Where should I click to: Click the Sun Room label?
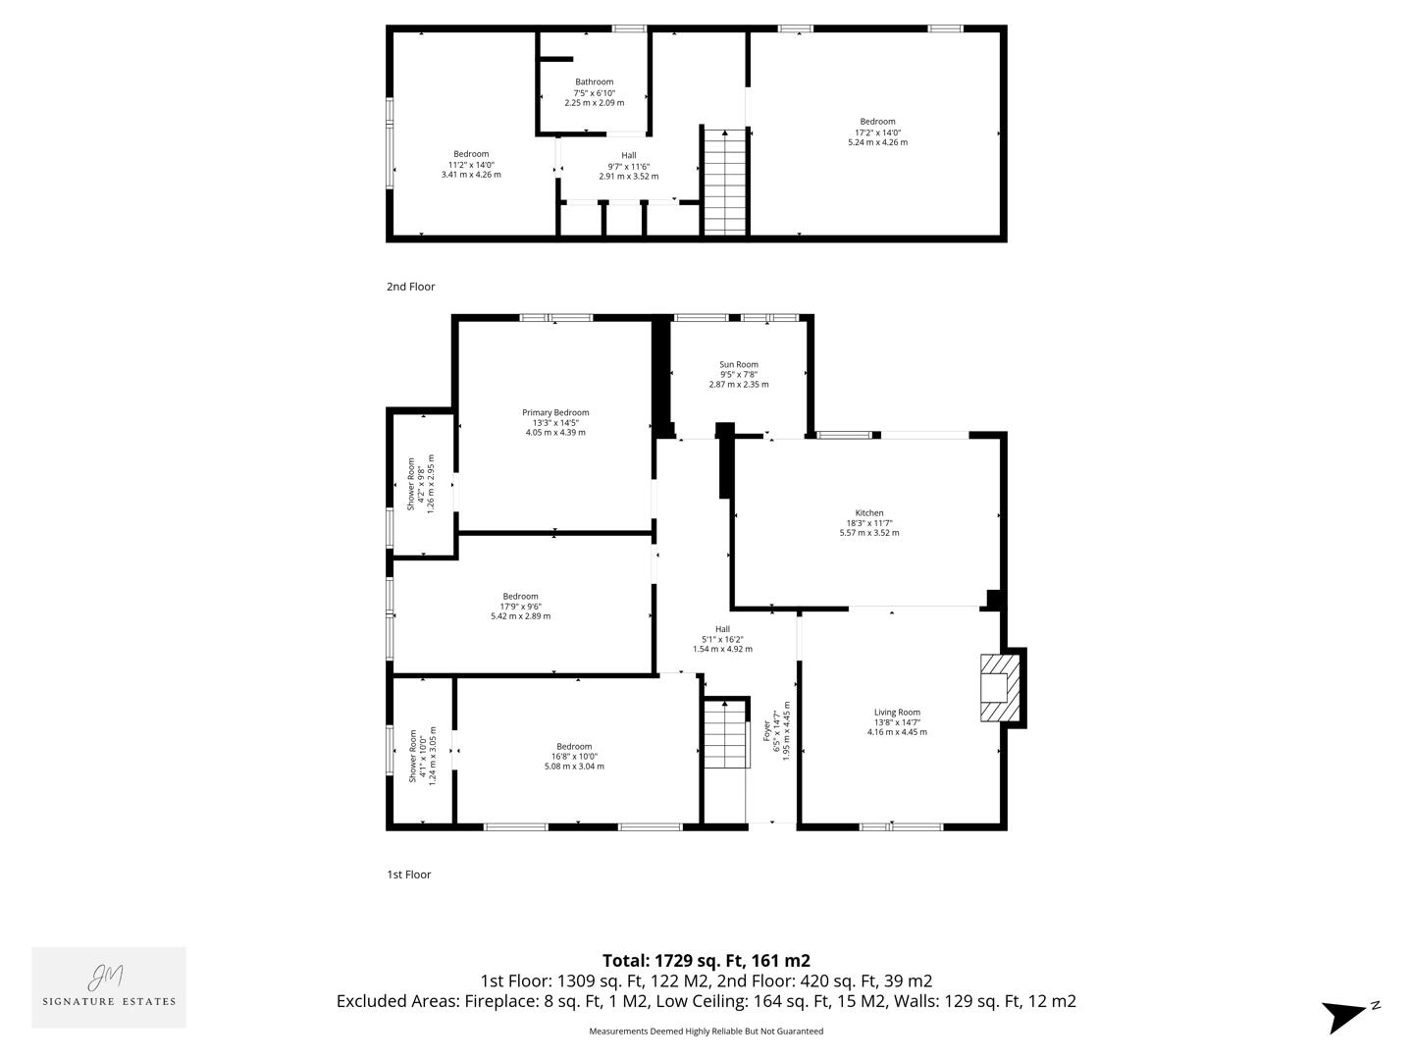pyautogui.click(x=738, y=374)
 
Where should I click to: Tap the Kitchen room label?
pyautogui.click(x=868, y=522)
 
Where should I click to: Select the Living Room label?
pyautogui.click(x=897, y=721)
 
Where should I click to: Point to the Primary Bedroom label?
pyautogui.click(x=555, y=422)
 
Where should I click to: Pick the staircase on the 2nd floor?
pyautogui.click(x=725, y=183)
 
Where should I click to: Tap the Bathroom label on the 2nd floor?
pyautogui.click(x=594, y=92)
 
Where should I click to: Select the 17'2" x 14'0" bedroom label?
pyautogui.click(x=877, y=132)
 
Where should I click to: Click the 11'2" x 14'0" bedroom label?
pyautogui.click(x=471, y=164)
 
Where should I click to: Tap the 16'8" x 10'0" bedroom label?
pyautogui.click(x=574, y=756)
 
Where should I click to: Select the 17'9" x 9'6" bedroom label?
pyautogui.click(x=520, y=606)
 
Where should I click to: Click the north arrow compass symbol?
pyautogui.click(x=1347, y=1015)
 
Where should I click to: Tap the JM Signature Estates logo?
pyautogui.click(x=109, y=986)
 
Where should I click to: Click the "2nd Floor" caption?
pyautogui.click(x=410, y=287)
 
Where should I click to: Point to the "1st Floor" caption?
pyautogui.click(x=408, y=874)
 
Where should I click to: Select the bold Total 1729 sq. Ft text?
pyautogui.click(x=706, y=960)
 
